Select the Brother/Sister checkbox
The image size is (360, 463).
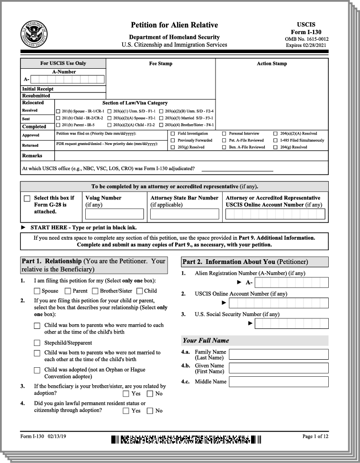pyautogui.click(x=95, y=291)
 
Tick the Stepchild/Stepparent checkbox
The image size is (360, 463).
pyautogui.click(x=37, y=343)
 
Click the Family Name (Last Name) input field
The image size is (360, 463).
pyautogui.click(x=278, y=355)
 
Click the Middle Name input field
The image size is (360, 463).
pyautogui.click(x=278, y=381)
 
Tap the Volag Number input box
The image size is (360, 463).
pyautogui.click(x=114, y=214)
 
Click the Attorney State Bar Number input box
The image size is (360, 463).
pyautogui.click(x=184, y=214)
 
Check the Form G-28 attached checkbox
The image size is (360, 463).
pyautogui.click(x=27, y=199)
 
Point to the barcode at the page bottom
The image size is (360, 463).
pyautogui.click(x=186, y=439)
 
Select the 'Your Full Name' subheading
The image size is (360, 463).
pyautogui.click(x=206, y=340)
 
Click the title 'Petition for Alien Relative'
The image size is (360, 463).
pyautogui.click(x=174, y=25)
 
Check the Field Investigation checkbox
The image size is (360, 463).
pyautogui.click(x=172, y=134)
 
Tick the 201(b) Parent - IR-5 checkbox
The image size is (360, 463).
pyautogui.click(x=58, y=125)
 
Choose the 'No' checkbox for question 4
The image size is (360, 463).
pyautogui.click(x=150, y=411)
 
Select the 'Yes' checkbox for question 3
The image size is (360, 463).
pyautogui.click(x=126, y=393)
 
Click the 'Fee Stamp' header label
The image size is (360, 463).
pyautogui.click(x=161, y=64)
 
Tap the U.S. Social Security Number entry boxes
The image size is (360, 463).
pyautogui.click(x=291, y=324)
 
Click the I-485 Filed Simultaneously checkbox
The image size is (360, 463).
pyautogui.click(x=275, y=140)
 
